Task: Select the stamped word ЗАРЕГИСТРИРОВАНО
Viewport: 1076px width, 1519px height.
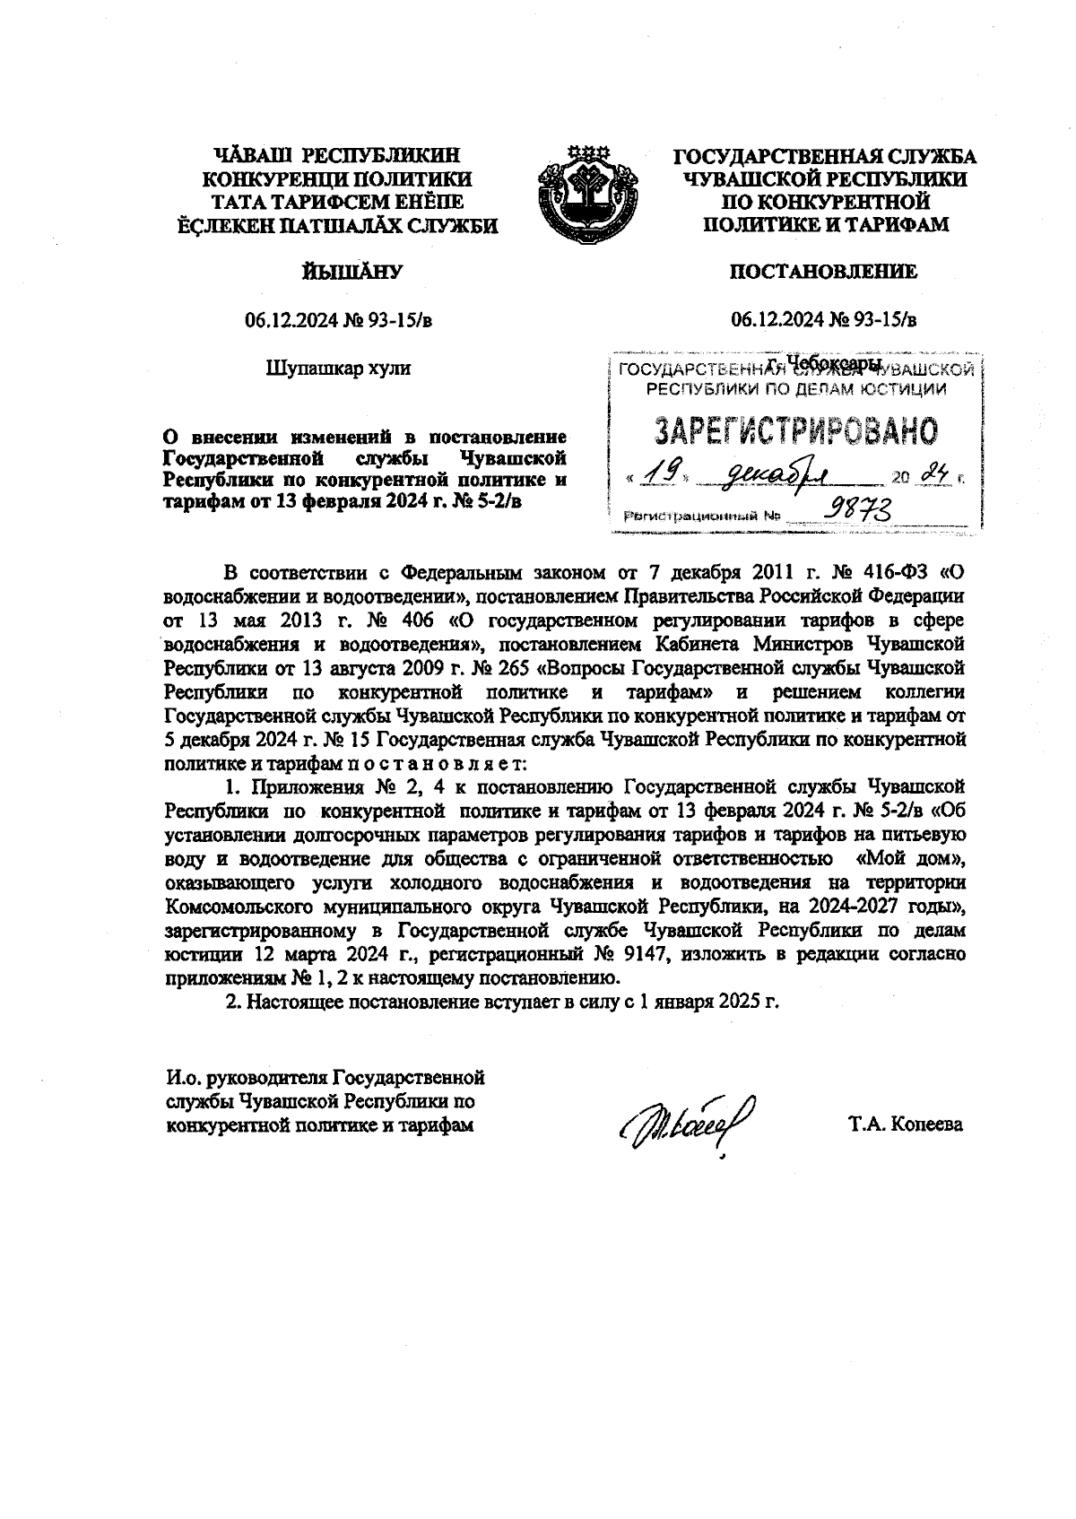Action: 795,432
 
